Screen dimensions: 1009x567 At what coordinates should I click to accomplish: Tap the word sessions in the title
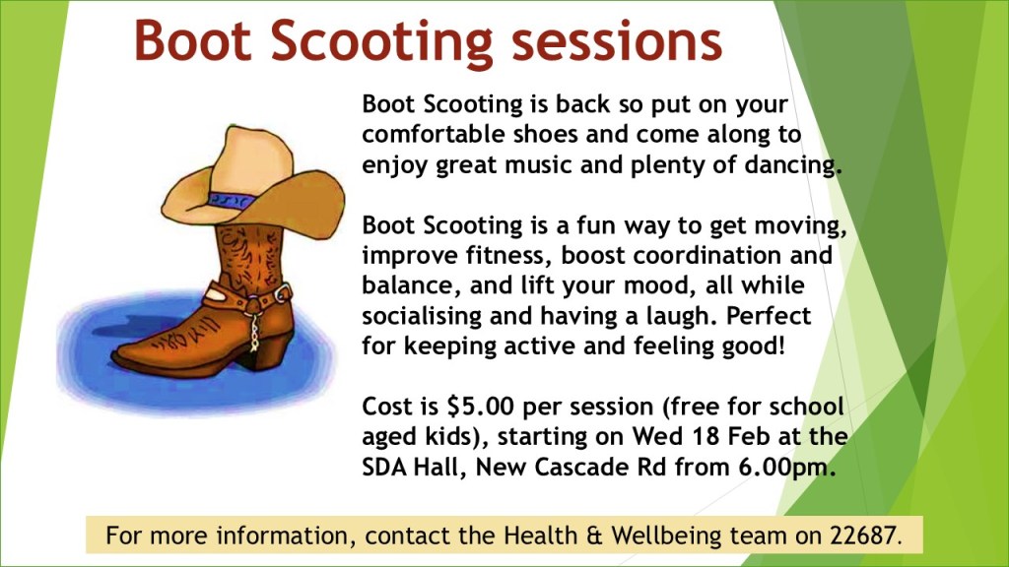coord(617,41)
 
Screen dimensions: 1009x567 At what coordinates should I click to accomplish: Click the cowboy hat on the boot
coord(253,182)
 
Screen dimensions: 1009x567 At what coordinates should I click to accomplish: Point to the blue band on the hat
coord(230,200)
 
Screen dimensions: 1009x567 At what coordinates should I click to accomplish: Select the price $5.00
coord(480,407)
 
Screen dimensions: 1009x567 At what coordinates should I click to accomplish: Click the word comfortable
coord(434,134)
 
